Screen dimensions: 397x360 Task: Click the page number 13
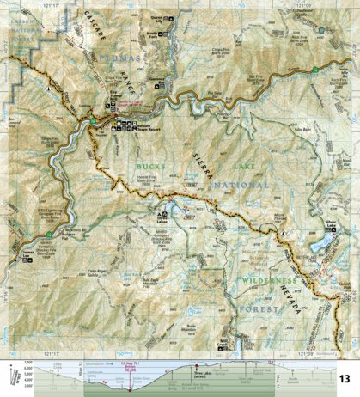click(344, 378)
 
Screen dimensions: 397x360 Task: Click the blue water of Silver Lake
click(321, 244)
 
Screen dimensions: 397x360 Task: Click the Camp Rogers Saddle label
click(102, 273)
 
